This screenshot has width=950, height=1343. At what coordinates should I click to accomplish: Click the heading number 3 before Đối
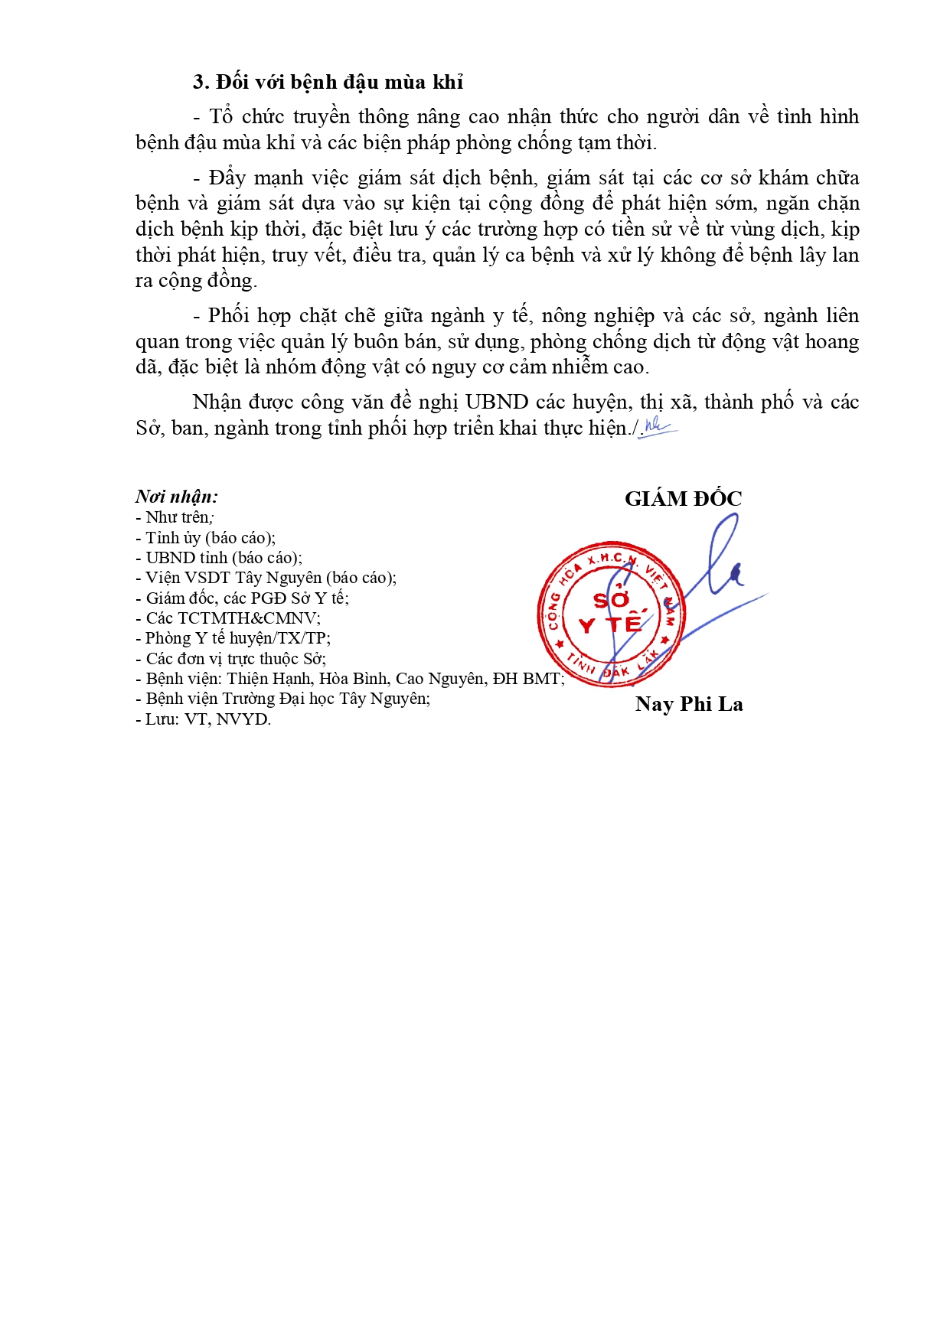coord(201,83)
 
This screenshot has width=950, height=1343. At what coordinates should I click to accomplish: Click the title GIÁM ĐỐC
coord(683,499)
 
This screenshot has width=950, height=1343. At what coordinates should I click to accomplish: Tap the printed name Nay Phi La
coord(689,704)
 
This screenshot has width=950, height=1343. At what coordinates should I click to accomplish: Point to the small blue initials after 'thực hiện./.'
coord(658,426)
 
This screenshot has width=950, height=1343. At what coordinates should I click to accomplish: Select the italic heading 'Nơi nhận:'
coord(177,497)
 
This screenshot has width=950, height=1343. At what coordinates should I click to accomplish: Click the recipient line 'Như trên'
coord(176,517)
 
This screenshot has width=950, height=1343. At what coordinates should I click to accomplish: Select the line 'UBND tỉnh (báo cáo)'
coord(220,558)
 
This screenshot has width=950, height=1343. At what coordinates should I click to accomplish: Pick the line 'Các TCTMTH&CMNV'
coord(229,618)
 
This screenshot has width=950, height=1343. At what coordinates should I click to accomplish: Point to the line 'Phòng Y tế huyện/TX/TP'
coord(233,638)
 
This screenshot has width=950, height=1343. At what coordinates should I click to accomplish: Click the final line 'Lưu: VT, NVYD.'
coord(204,719)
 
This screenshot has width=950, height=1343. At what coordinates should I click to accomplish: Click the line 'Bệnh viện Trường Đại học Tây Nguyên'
coord(283,699)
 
